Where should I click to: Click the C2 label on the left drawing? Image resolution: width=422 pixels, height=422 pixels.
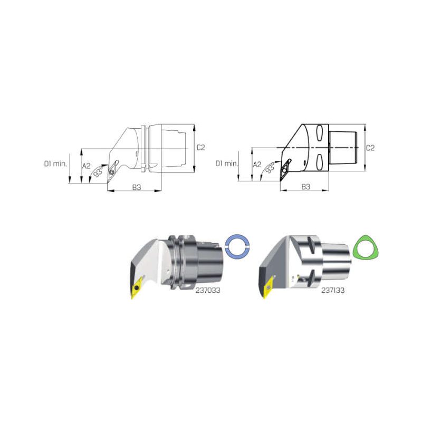[x=200, y=148]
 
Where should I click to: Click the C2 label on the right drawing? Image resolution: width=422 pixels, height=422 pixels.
[x=370, y=148]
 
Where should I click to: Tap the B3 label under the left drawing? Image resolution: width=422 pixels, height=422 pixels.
[x=137, y=187]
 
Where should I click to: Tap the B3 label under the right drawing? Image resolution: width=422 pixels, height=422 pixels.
[x=305, y=187]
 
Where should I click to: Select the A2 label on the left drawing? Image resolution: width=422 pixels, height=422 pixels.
[x=86, y=166]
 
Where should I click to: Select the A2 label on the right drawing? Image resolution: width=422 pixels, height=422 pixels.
[x=257, y=165]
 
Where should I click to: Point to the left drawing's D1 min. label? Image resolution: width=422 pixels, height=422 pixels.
[x=55, y=164]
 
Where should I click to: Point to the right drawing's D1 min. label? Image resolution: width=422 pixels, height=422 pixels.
[x=226, y=164]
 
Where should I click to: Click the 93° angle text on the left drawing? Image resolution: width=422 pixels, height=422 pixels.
[x=98, y=171]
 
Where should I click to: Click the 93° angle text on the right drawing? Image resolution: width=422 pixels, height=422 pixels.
[x=270, y=167]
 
